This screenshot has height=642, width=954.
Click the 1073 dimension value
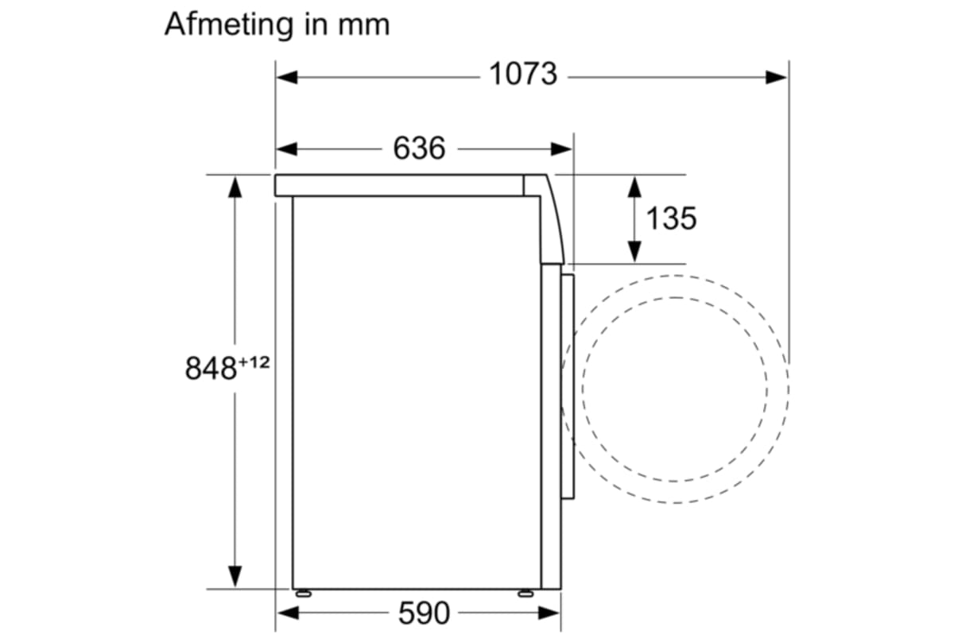[522, 75]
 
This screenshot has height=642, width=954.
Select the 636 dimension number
[419, 148]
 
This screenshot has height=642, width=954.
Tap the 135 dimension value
[670, 218]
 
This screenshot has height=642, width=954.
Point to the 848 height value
[211, 369]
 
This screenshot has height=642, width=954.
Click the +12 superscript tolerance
[254, 362]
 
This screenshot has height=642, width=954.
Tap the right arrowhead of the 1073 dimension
[777, 77]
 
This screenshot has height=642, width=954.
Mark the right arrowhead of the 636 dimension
[562, 149]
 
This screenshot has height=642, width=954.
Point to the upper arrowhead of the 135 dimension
[634, 188]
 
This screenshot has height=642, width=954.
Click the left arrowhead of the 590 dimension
[286, 613]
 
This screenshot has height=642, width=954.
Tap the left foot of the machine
[303, 593]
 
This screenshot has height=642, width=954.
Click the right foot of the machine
[525, 593]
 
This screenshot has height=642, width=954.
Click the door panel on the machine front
[567, 386]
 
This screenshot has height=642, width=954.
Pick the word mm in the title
[363, 25]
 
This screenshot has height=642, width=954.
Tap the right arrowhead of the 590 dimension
[551, 613]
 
